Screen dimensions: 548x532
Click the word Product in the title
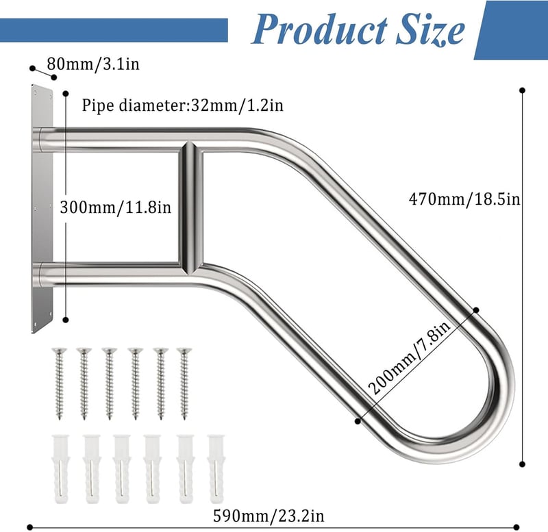[x=319, y=29]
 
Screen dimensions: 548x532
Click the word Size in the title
[x=431, y=29]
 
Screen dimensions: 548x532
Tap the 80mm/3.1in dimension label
[x=93, y=64]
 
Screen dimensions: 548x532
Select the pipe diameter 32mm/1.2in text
[x=182, y=105]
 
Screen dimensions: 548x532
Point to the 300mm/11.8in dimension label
[x=116, y=207]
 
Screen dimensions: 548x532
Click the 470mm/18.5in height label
[x=464, y=199]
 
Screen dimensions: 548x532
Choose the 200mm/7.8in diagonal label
[x=410, y=358]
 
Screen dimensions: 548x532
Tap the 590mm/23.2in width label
[x=269, y=516]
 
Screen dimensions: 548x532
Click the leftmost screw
[x=59, y=383]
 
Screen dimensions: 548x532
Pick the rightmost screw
[x=184, y=383]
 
